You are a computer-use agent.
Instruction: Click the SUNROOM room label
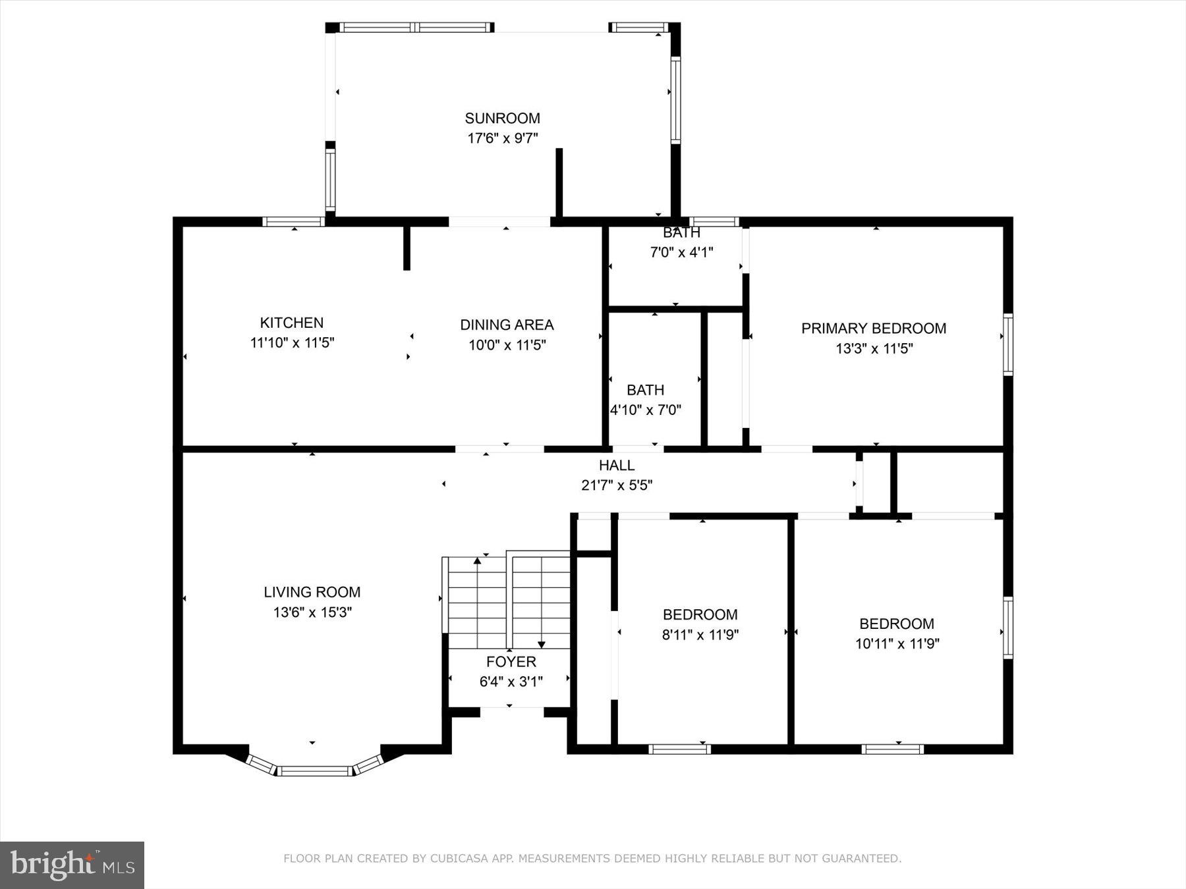pyautogui.click(x=502, y=119)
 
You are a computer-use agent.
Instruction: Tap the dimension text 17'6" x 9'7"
pyautogui.click(x=502, y=138)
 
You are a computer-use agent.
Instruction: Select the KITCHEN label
pyautogui.click(x=291, y=323)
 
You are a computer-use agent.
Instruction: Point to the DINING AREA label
pyautogui.click(x=506, y=325)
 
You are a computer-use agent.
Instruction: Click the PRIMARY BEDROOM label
pyautogui.click(x=873, y=328)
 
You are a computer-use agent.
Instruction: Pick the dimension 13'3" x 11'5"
pyautogui.click(x=873, y=348)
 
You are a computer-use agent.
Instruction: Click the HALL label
pyautogui.click(x=617, y=466)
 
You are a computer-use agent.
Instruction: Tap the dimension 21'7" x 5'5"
pyautogui.click(x=617, y=485)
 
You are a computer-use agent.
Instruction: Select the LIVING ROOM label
pyautogui.click(x=312, y=592)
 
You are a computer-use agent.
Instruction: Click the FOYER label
pyautogui.click(x=511, y=662)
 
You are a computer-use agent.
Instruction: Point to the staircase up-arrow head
pyautogui.click(x=478, y=560)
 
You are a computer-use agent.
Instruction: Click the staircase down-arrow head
pyautogui.click(x=541, y=645)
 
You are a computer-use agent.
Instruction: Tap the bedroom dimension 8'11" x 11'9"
pyautogui.click(x=700, y=635)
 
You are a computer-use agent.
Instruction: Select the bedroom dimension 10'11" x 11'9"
pyautogui.click(x=897, y=643)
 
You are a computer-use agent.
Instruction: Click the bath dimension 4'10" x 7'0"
pyautogui.click(x=645, y=410)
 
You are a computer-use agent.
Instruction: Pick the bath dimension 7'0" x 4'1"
pyautogui.click(x=681, y=252)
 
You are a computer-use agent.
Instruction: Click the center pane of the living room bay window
pyautogui.click(x=314, y=770)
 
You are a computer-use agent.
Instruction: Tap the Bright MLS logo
pyautogui.click(x=72, y=865)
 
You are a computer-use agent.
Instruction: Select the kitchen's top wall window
pyautogui.click(x=293, y=221)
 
